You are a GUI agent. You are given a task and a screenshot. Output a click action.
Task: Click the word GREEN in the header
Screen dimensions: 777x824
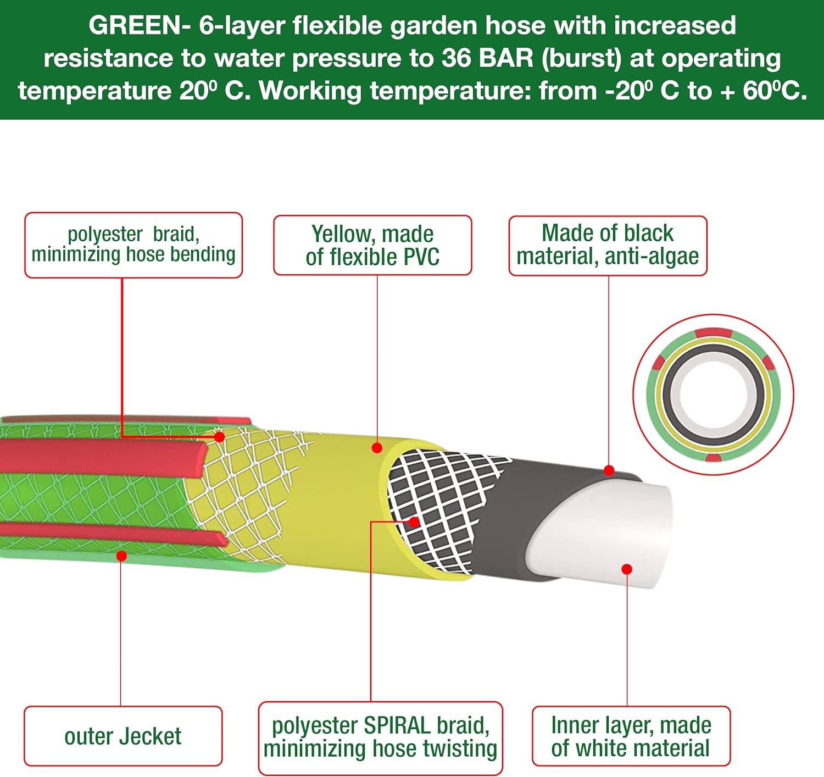134,26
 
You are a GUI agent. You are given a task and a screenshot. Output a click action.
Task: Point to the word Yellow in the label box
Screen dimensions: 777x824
341,234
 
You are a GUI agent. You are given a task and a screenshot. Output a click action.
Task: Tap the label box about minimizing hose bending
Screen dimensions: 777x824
133,245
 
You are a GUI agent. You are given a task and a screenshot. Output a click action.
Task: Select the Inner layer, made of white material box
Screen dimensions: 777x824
631,736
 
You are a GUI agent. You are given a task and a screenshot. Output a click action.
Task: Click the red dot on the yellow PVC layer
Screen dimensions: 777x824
377,448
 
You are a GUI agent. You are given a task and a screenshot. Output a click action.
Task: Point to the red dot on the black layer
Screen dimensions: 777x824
609,470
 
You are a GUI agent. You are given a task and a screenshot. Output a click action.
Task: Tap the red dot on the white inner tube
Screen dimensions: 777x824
627,569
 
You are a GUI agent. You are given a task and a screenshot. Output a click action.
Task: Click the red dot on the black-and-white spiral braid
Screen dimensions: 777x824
414,521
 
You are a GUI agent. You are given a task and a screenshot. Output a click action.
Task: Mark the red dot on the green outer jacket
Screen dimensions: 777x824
122,556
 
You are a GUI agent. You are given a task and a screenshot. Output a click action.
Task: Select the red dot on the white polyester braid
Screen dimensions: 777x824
220,437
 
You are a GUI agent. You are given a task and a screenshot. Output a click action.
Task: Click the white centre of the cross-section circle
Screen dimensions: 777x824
713,395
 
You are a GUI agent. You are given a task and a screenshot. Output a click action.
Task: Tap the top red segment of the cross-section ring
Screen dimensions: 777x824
713,332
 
